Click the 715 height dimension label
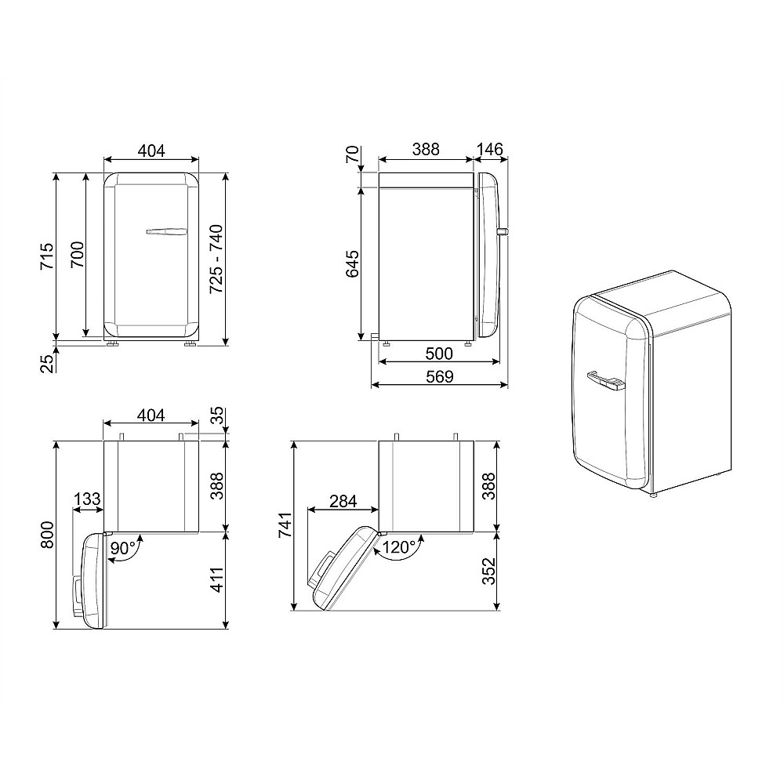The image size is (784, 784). (47, 256)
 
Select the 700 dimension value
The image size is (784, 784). (77, 255)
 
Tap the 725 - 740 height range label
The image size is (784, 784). (216, 259)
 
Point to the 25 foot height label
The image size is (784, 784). (46, 364)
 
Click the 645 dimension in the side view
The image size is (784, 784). (352, 264)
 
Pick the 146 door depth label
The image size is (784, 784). (489, 149)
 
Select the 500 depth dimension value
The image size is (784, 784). (439, 354)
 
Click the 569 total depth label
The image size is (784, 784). (440, 376)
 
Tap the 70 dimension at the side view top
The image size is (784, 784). (352, 154)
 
